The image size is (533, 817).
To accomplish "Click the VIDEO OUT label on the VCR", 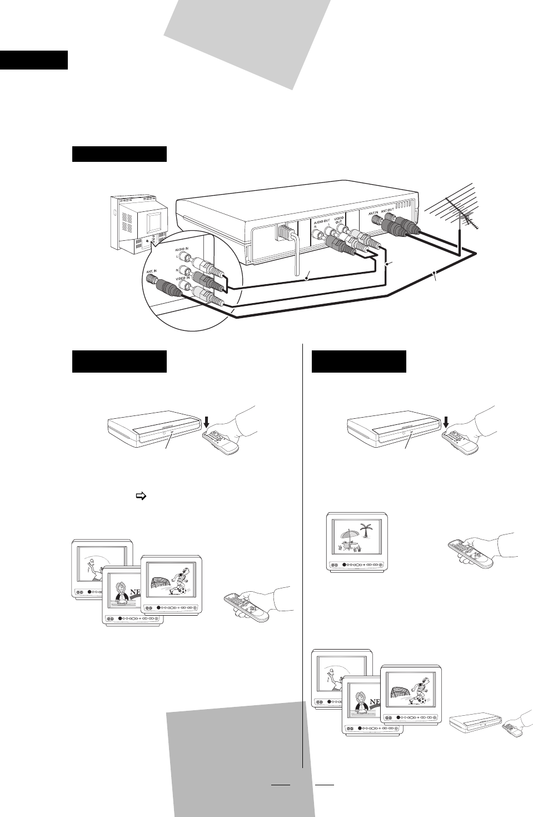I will click(338, 218).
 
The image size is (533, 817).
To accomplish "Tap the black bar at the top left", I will click(34, 60).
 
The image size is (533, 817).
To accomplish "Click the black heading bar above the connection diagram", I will click(119, 154).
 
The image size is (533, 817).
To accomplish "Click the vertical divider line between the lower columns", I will click(303, 556).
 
